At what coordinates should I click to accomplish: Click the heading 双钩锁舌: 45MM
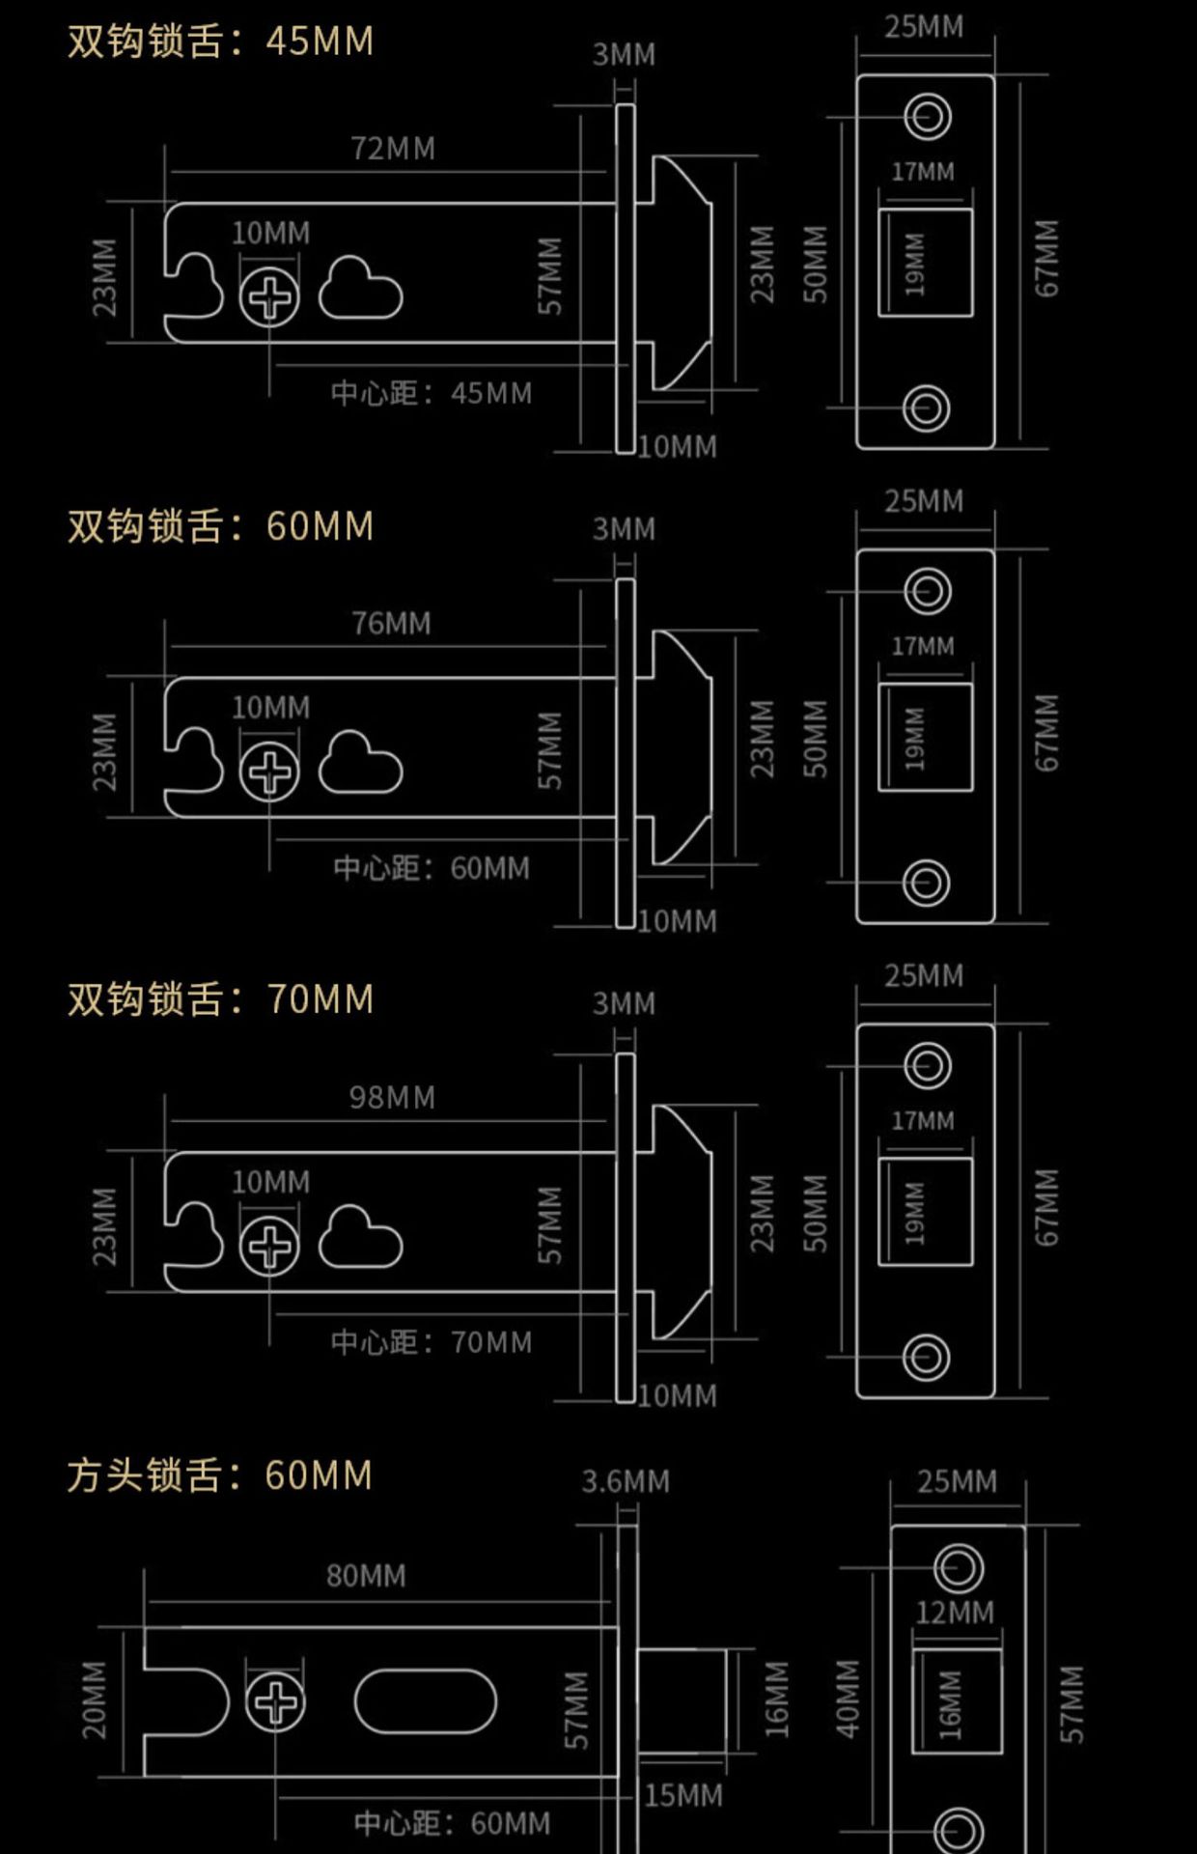220,42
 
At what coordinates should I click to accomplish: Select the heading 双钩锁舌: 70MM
220,999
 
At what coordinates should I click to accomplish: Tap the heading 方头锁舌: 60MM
220,1475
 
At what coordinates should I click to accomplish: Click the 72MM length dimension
392,149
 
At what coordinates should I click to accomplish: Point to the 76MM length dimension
391,624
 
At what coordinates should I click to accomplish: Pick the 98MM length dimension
392,1098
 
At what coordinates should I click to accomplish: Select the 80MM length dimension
366,1577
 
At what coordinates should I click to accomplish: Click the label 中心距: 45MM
431,393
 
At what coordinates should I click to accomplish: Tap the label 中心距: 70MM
431,1342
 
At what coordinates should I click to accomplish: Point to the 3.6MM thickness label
625,1481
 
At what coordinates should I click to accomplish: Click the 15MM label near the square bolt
683,1796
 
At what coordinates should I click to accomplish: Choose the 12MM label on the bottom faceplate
955,1613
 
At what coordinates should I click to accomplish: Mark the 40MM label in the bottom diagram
847,1699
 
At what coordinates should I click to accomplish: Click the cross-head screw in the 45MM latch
269,296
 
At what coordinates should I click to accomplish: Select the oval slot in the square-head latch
425,1702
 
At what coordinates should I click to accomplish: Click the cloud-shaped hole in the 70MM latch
360,1238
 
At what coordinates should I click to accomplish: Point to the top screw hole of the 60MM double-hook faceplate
927,591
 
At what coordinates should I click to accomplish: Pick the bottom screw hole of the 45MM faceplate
926,408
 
